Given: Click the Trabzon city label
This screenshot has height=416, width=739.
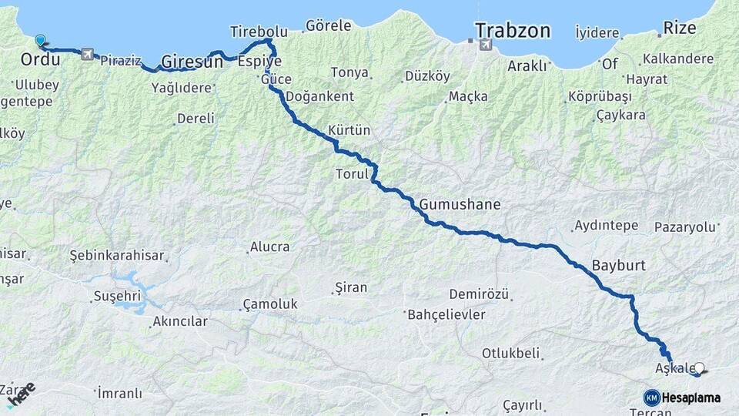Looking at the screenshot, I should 513,31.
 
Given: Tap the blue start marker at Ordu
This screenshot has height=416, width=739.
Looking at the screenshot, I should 40,39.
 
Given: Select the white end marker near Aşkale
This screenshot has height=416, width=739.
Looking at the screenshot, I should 699,369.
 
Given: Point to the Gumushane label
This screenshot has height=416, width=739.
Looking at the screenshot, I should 460,205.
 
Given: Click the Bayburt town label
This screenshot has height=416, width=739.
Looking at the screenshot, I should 618,266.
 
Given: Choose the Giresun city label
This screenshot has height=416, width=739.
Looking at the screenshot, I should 192,62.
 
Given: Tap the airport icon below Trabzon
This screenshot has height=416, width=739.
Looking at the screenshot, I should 485,45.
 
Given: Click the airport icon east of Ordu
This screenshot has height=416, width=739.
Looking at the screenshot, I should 86,54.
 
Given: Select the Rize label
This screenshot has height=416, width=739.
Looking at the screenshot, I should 680,29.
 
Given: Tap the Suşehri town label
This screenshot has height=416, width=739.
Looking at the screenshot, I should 116,296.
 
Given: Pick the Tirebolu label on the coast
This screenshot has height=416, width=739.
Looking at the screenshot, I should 259,32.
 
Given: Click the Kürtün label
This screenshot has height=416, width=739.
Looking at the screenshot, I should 349,131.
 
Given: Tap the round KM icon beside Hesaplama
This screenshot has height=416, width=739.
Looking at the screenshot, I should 651,398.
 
